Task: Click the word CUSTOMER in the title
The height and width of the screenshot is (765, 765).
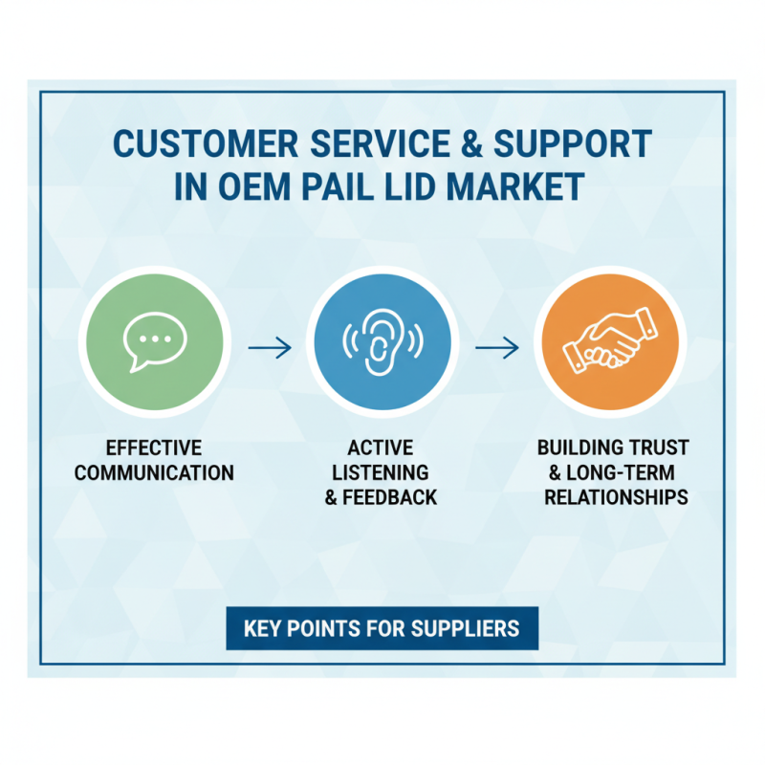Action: coord(206,143)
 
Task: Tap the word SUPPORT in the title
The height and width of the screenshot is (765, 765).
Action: coord(573,143)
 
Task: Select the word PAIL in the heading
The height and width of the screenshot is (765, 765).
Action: coord(338,186)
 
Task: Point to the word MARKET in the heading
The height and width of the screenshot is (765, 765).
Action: coord(515,186)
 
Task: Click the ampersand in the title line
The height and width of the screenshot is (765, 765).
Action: coord(471,143)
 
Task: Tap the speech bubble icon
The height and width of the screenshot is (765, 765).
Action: coord(155,341)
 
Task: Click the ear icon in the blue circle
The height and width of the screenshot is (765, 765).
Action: coord(382,341)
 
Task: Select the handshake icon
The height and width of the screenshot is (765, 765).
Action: coord(610,340)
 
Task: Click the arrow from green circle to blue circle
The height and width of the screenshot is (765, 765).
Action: coord(270,348)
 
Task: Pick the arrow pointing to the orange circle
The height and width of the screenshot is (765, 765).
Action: coord(497,348)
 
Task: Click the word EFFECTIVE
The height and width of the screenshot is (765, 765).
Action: coord(154,448)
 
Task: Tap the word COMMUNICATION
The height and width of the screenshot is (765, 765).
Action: coord(154,472)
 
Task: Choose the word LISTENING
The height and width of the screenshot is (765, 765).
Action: coord(381,472)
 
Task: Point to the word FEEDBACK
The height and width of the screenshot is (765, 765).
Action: coord(390,497)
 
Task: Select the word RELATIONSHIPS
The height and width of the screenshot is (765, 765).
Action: coord(616,497)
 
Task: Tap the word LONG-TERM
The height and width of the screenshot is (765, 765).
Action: coord(621,472)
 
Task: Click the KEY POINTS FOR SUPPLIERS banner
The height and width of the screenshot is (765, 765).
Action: coord(382,628)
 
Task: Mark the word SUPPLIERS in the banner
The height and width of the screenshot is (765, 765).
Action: coord(465,628)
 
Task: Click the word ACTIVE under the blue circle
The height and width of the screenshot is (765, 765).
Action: coord(381,448)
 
